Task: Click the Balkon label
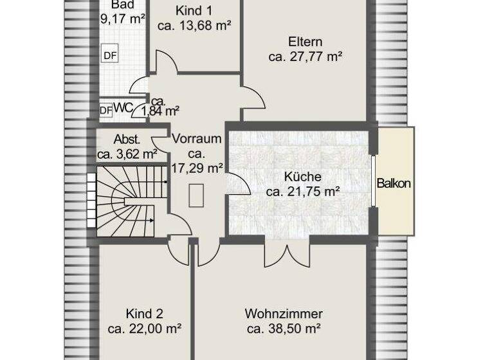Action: pos(394,183)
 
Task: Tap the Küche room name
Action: pos(302,176)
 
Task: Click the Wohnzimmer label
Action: pos(284,314)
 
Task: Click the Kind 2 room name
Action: pos(144,314)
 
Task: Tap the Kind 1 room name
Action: pos(194,11)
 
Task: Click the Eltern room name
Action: pos(305,42)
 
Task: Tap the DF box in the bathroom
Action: pos(110,55)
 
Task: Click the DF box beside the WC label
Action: pos(105,110)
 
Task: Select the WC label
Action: pos(122,108)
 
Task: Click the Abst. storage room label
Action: pos(127,139)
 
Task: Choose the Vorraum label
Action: pos(197,139)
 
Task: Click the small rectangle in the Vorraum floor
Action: pos(197,195)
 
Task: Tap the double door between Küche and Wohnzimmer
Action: pos(287,253)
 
